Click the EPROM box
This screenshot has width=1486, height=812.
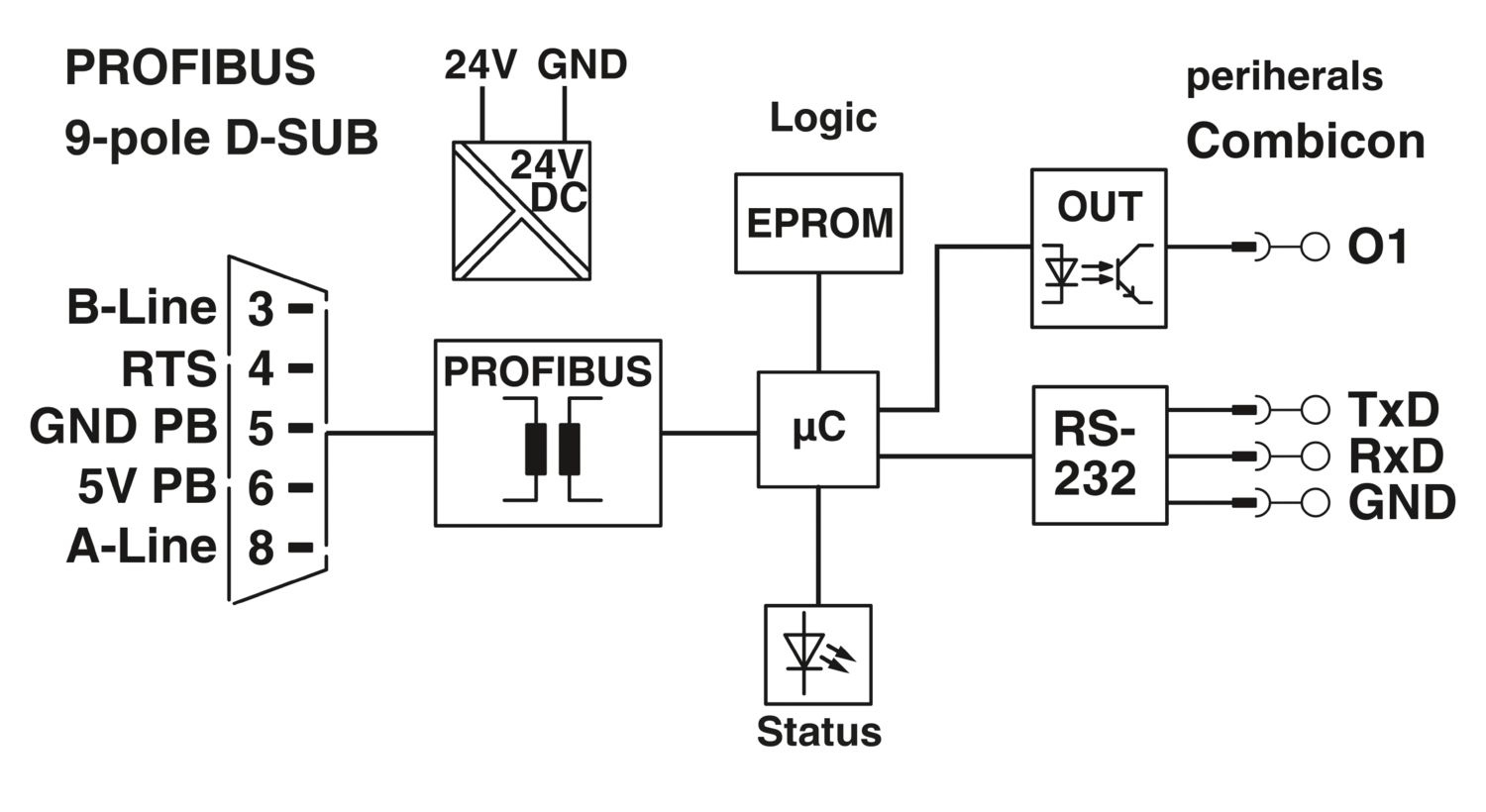818,224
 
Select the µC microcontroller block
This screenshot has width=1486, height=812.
818,430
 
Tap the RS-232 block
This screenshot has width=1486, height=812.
1100,455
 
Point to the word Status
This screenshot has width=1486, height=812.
818,733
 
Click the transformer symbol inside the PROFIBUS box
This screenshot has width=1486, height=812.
552,449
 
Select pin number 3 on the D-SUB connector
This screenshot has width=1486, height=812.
261,310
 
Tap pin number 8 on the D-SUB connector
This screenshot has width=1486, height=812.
261,549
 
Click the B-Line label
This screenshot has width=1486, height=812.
142,308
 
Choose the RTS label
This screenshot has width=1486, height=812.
169,369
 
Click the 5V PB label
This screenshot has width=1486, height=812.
148,486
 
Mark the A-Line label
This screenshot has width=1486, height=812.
142,547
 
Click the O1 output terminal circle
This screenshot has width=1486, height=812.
1315,248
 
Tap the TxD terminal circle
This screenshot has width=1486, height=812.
1315,410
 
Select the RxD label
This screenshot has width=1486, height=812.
1396,457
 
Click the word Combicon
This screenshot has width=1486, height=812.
1306,142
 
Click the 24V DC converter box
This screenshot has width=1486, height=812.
521,210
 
